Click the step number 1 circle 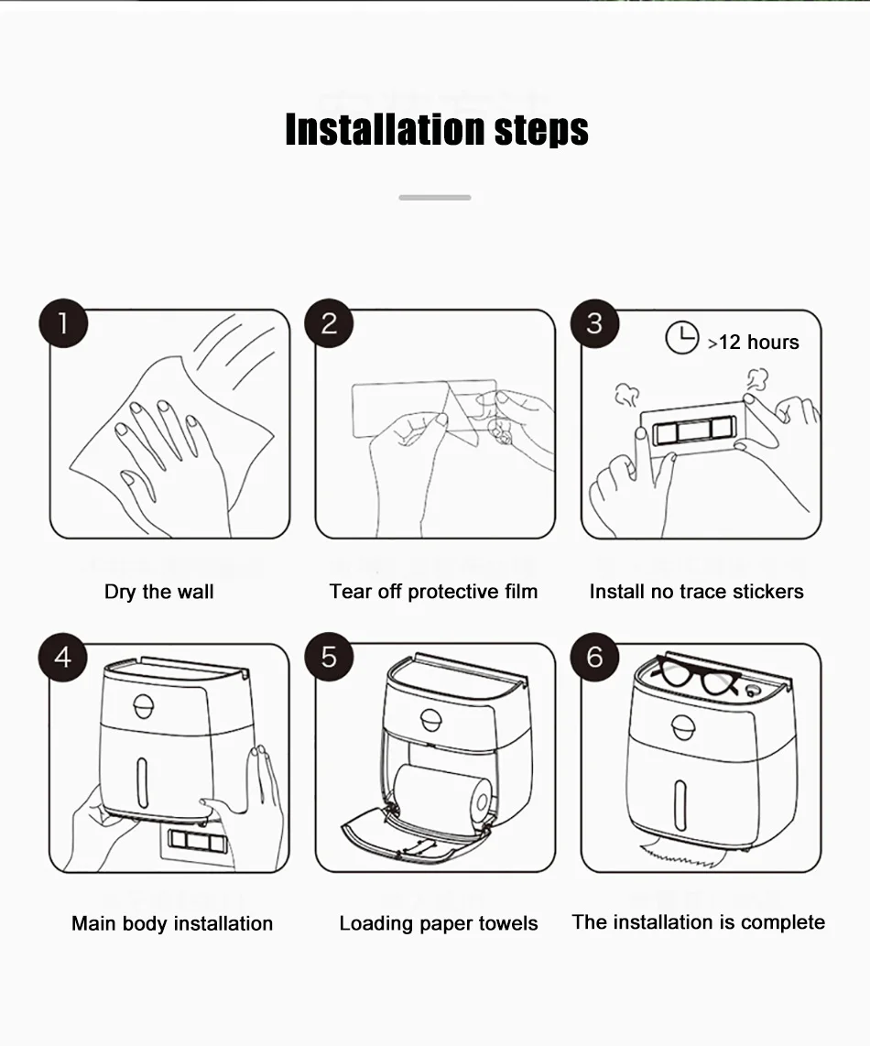(63, 323)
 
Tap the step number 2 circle (329, 323)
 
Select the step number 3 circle (594, 323)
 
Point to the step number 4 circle (62, 657)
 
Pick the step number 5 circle (329, 657)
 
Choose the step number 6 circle (594, 657)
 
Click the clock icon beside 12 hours (682, 338)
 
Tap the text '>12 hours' (754, 343)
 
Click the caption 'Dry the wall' (158, 592)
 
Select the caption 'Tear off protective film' (434, 592)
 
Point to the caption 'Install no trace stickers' (697, 592)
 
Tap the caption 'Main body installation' (172, 923)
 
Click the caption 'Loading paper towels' (439, 923)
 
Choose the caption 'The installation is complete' (699, 922)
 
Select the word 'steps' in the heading (541, 131)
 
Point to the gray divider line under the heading (435, 198)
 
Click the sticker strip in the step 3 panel (694, 430)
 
